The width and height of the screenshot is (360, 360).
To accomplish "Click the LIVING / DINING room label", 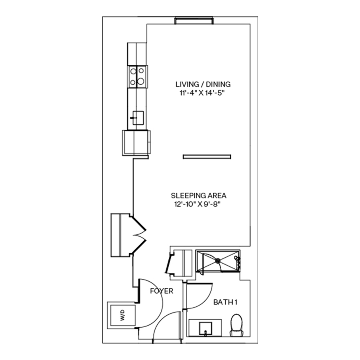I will point(203,84).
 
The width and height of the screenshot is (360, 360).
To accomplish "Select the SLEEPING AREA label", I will point(199,196).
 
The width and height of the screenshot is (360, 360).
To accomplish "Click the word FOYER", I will point(162,291).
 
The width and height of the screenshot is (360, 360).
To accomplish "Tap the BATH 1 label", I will point(225,302).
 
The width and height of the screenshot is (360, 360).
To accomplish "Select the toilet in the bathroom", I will point(236,324).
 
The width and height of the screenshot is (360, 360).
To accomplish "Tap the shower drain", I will point(218,261).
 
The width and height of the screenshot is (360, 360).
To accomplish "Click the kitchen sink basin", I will point(138,117).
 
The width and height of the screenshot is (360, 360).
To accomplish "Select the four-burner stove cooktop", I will point(137,76).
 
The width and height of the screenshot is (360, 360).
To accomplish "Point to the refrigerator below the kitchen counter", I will point(136,142).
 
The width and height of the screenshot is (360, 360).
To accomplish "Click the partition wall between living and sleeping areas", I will point(206,156).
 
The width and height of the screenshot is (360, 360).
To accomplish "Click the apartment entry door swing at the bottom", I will point(166,326).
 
